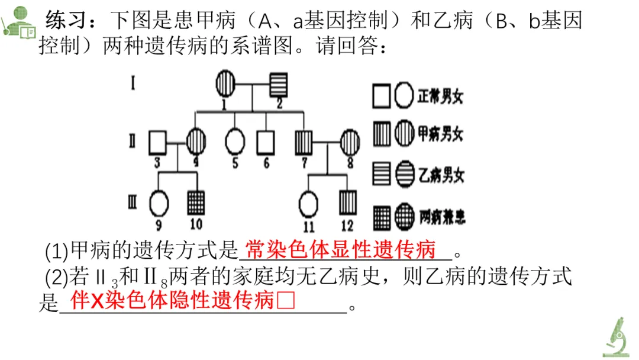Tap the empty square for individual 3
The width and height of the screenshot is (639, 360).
(x=157, y=142)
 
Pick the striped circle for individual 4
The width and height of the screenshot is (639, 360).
(x=196, y=142)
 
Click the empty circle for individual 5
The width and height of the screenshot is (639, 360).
(x=235, y=142)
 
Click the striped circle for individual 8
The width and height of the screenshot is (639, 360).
(x=349, y=142)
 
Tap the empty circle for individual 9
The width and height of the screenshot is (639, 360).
(x=159, y=202)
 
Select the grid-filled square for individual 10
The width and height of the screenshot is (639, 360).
(x=196, y=202)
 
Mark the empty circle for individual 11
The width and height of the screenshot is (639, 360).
(x=308, y=202)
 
